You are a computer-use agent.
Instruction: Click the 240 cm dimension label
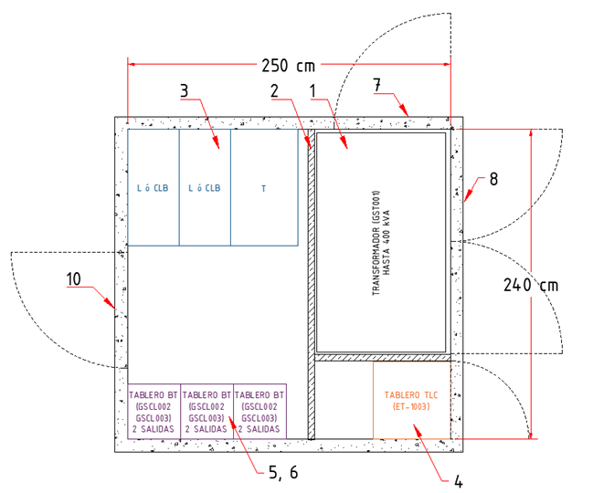[531, 284]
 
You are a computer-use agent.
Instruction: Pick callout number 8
[492, 180]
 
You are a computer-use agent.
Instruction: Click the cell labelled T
[264, 189]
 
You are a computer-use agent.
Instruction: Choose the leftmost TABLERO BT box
[154, 411]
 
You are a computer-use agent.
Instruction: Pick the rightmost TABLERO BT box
[260, 411]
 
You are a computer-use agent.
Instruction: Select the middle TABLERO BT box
[207, 411]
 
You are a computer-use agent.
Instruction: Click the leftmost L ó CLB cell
[153, 189]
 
